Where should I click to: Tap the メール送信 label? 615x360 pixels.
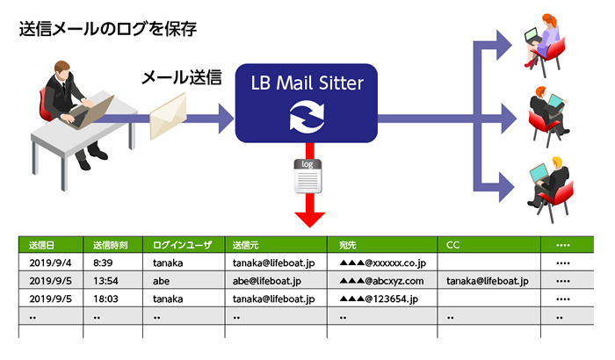point(180,78)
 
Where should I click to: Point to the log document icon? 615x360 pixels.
point(305,176)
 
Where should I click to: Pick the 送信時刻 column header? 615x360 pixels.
point(112,244)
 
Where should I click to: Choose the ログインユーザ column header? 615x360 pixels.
point(182,244)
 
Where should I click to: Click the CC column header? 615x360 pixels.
point(453,244)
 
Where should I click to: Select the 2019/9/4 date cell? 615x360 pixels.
point(50,263)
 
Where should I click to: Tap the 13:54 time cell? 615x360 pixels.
point(107,281)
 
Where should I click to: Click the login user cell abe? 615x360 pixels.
point(162,281)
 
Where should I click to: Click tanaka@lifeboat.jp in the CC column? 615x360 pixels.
point(487,281)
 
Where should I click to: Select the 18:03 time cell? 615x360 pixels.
point(107,299)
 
